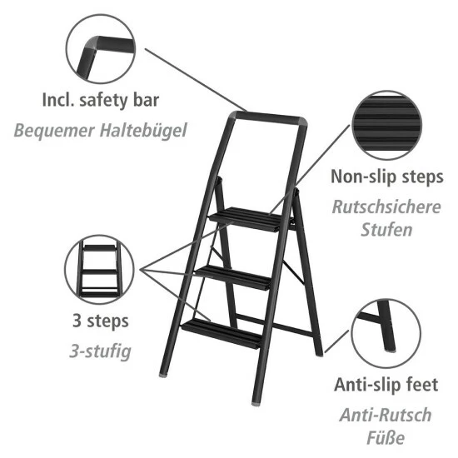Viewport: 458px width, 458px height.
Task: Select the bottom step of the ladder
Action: pos(223,331)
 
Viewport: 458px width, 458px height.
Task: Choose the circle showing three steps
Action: pos(98,269)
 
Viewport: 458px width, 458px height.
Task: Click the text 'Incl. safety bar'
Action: pos(100,102)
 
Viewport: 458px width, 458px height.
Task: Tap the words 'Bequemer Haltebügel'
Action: pos(100,130)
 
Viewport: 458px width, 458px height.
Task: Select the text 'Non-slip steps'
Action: pos(386,177)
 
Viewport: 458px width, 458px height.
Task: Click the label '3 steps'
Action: pos(99,321)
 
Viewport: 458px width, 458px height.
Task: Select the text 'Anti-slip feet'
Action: pos(385,385)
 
